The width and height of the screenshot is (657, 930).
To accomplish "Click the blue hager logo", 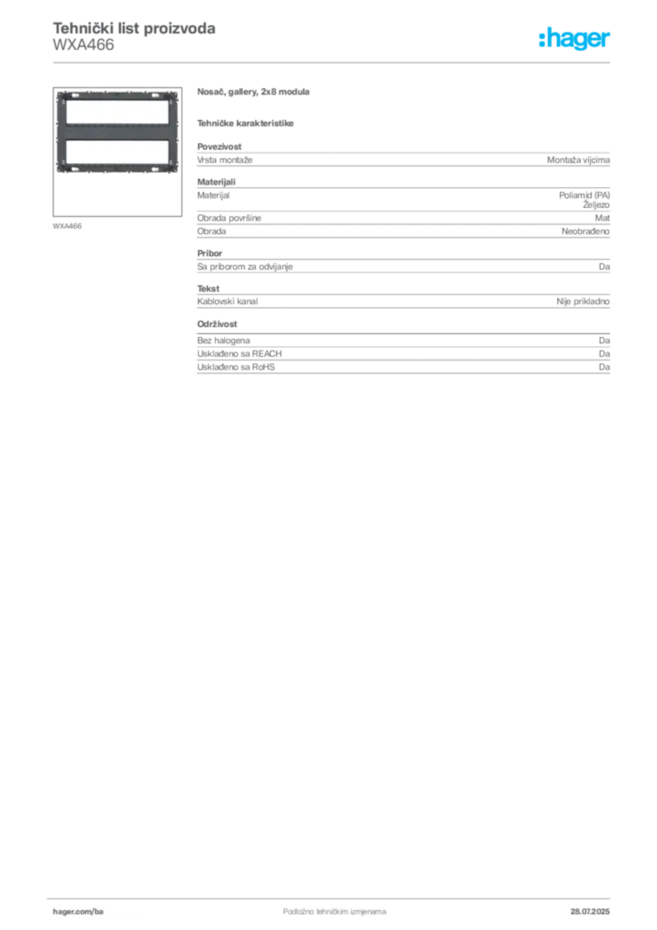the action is [575, 40].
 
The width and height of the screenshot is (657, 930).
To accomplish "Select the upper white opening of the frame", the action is [115, 112].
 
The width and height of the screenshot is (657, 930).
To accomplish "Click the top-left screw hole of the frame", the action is [60, 95].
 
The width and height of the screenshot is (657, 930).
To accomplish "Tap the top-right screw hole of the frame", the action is [172, 95].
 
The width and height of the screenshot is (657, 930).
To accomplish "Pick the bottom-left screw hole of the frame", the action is [60, 169].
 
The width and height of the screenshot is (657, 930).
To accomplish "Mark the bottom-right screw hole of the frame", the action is [172, 169].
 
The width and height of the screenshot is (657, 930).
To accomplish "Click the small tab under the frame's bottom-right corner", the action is [169, 178].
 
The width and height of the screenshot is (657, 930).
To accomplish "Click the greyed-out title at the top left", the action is [134, 29].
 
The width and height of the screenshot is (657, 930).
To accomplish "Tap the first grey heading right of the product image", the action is [254, 94].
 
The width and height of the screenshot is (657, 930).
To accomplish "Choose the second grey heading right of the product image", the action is [247, 122].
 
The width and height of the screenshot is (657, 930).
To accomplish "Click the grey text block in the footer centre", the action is [322, 905].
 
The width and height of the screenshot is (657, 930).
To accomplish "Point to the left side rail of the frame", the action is [59, 132].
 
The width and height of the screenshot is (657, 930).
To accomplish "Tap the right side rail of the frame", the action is [172, 132].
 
